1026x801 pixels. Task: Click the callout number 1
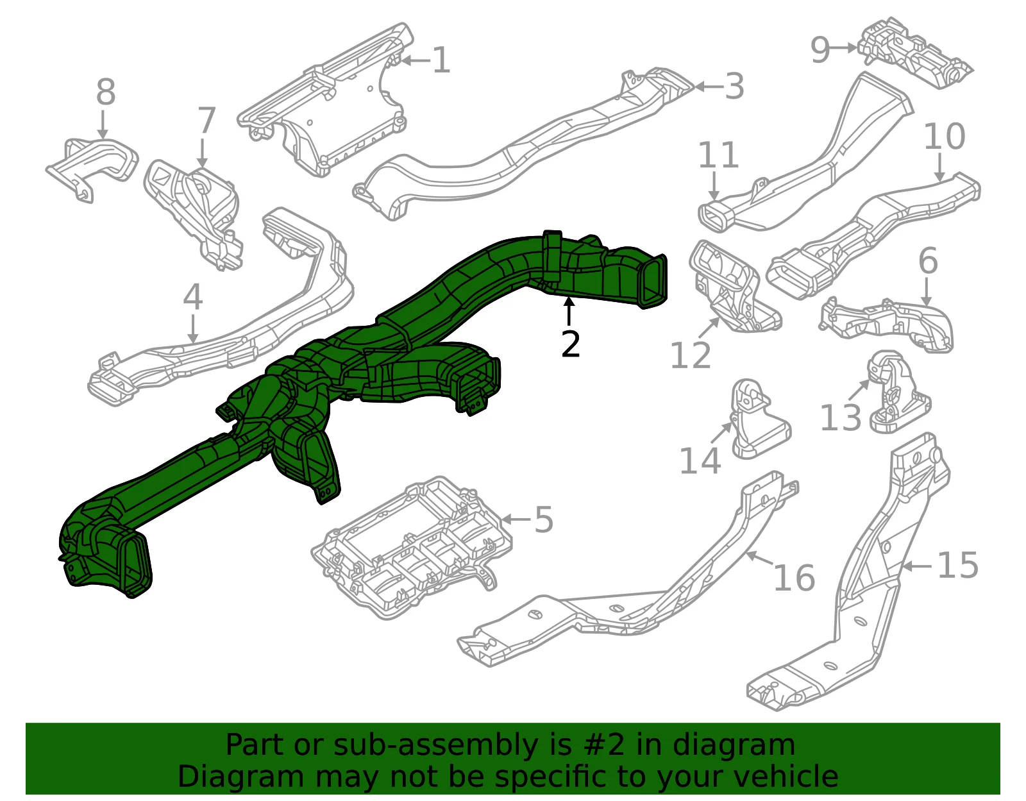[x=441, y=60]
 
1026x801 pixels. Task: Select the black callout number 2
[x=570, y=344]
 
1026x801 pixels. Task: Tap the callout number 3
[x=735, y=87]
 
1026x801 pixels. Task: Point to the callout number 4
[x=192, y=297]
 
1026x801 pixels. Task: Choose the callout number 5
[x=544, y=519]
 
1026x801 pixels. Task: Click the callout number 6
[x=929, y=261]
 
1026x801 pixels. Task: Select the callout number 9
[x=820, y=50]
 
